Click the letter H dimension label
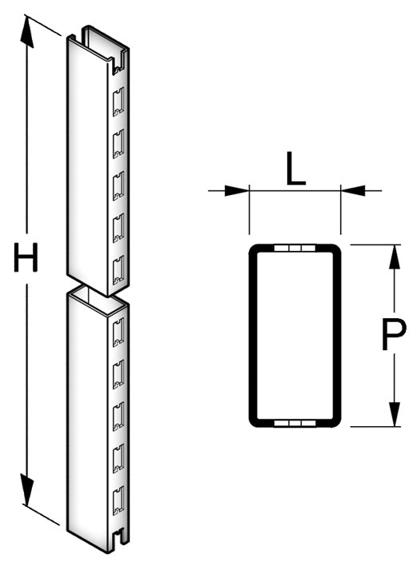click(26, 257)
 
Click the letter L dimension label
click(295, 169)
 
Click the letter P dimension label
click(393, 334)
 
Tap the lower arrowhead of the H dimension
click(27, 488)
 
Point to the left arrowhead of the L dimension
click(237, 191)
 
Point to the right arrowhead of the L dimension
click(353, 191)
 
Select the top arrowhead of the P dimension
click(395, 257)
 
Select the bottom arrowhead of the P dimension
click(395, 414)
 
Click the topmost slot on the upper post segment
click(118, 102)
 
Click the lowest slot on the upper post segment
click(118, 270)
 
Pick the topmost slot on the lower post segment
click(118, 332)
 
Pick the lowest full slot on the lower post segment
click(118, 500)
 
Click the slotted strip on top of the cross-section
click(295, 248)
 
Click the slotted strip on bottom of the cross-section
click(295, 423)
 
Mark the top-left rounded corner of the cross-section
click(253, 249)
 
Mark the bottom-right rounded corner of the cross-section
click(336, 423)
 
